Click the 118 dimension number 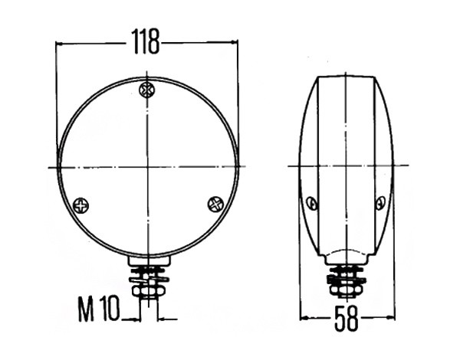point(145,41)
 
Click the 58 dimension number point(347,318)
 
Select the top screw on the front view point(146,89)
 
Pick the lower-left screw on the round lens point(80,205)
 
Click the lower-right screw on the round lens point(215,204)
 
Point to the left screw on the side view point(312,203)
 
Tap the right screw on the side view point(380,202)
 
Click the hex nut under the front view point(146,291)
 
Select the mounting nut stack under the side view point(346,281)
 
